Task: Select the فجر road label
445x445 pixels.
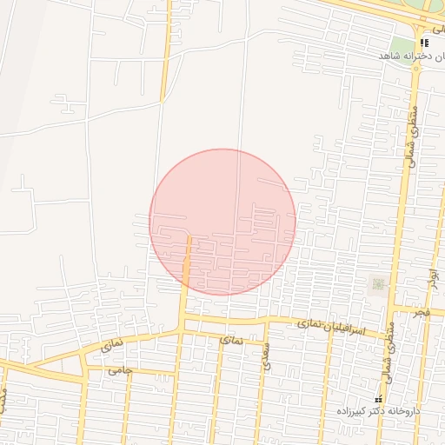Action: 422,311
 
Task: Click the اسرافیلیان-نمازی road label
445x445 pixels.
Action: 335,328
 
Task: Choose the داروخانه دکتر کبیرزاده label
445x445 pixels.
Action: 379,409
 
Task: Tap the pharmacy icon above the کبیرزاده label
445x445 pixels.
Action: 378,398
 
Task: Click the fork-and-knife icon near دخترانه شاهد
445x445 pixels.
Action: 423,42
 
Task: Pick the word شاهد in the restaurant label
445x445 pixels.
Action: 388,56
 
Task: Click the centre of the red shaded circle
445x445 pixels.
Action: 222,222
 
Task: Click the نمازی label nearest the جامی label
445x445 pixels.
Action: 112,344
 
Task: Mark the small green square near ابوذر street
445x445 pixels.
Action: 378,283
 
